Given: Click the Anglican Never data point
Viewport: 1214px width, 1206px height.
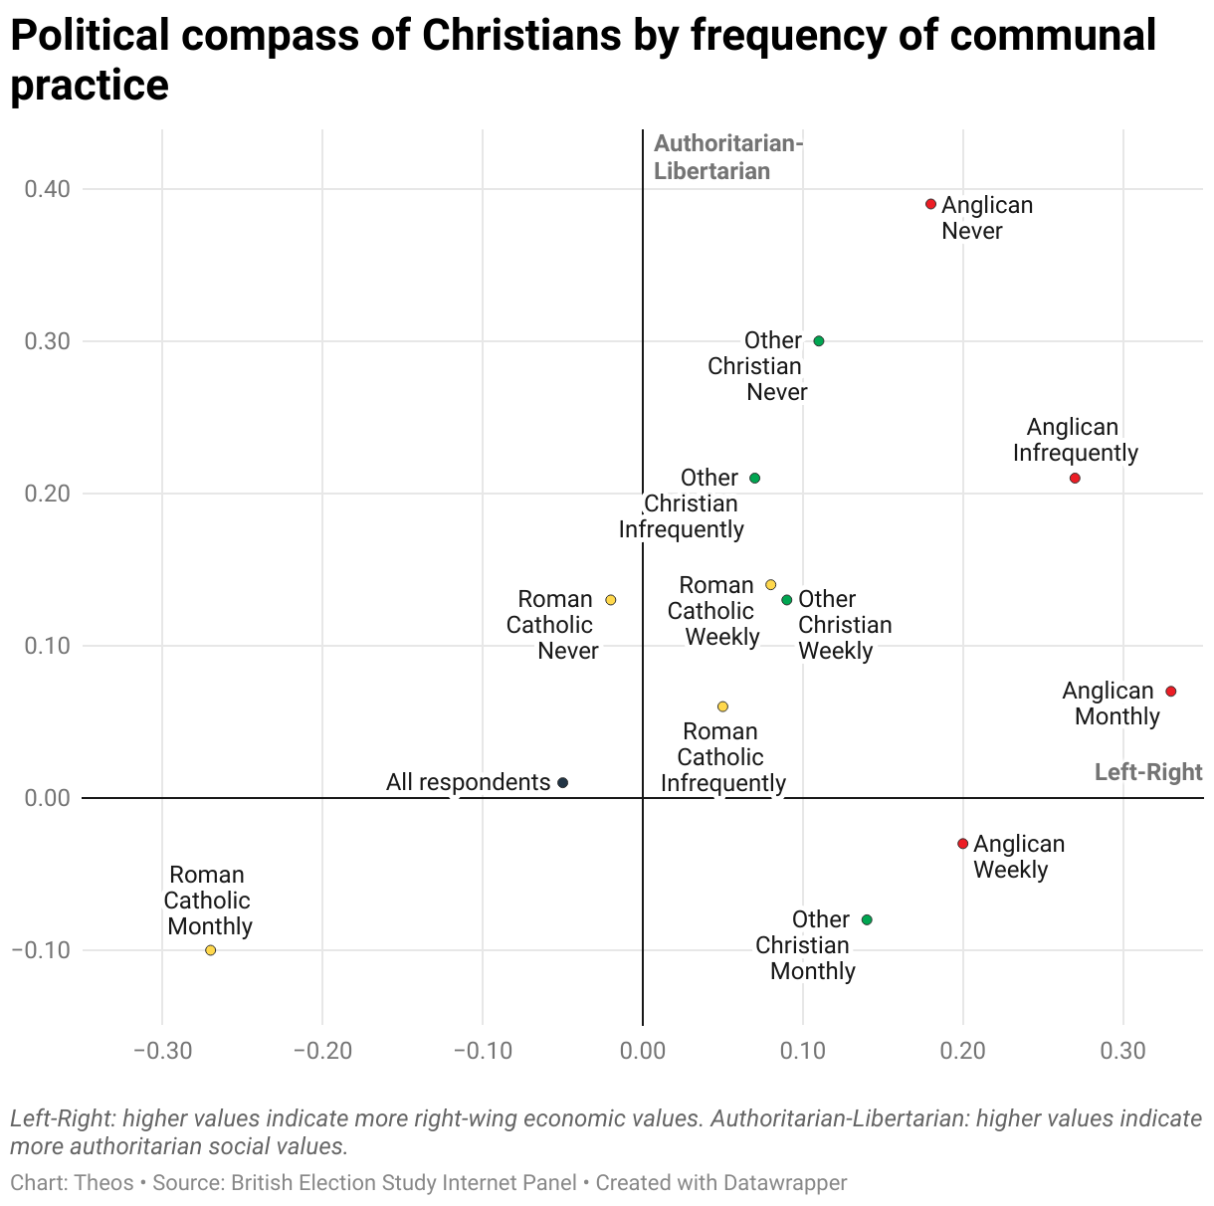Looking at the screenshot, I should [930, 204].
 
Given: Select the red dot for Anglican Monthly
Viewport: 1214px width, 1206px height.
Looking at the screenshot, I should [1171, 692].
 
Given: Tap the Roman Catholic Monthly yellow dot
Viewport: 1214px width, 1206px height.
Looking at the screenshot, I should [210, 950].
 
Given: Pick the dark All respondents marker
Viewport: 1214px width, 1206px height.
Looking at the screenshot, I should [562, 783].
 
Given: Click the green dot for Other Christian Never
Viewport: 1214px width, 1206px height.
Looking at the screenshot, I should [819, 341].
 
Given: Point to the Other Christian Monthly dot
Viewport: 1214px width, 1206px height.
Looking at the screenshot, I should [867, 919].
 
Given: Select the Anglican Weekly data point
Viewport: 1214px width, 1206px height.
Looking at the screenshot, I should [962, 844].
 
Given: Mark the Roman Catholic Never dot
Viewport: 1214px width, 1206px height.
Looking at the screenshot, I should [611, 600].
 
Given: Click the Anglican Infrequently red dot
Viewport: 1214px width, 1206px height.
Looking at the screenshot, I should [1075, 479].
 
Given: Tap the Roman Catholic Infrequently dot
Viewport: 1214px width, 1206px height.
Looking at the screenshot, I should [722, 706].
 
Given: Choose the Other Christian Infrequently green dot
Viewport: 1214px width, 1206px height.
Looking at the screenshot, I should [754, 479].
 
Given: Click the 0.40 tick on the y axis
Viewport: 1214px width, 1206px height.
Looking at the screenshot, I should [47, 189].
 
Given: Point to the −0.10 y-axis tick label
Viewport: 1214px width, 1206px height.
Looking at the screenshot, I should [41, 950].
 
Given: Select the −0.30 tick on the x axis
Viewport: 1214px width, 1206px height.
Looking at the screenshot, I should [162, 1052].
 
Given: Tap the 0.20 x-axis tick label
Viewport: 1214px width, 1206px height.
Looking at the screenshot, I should [962, 1052].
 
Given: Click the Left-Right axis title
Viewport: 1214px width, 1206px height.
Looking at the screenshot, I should [1147, 772].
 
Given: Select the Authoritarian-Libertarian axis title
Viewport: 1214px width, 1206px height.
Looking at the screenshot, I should [726, 157].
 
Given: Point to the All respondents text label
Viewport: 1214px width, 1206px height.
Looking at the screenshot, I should [468, 782].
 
